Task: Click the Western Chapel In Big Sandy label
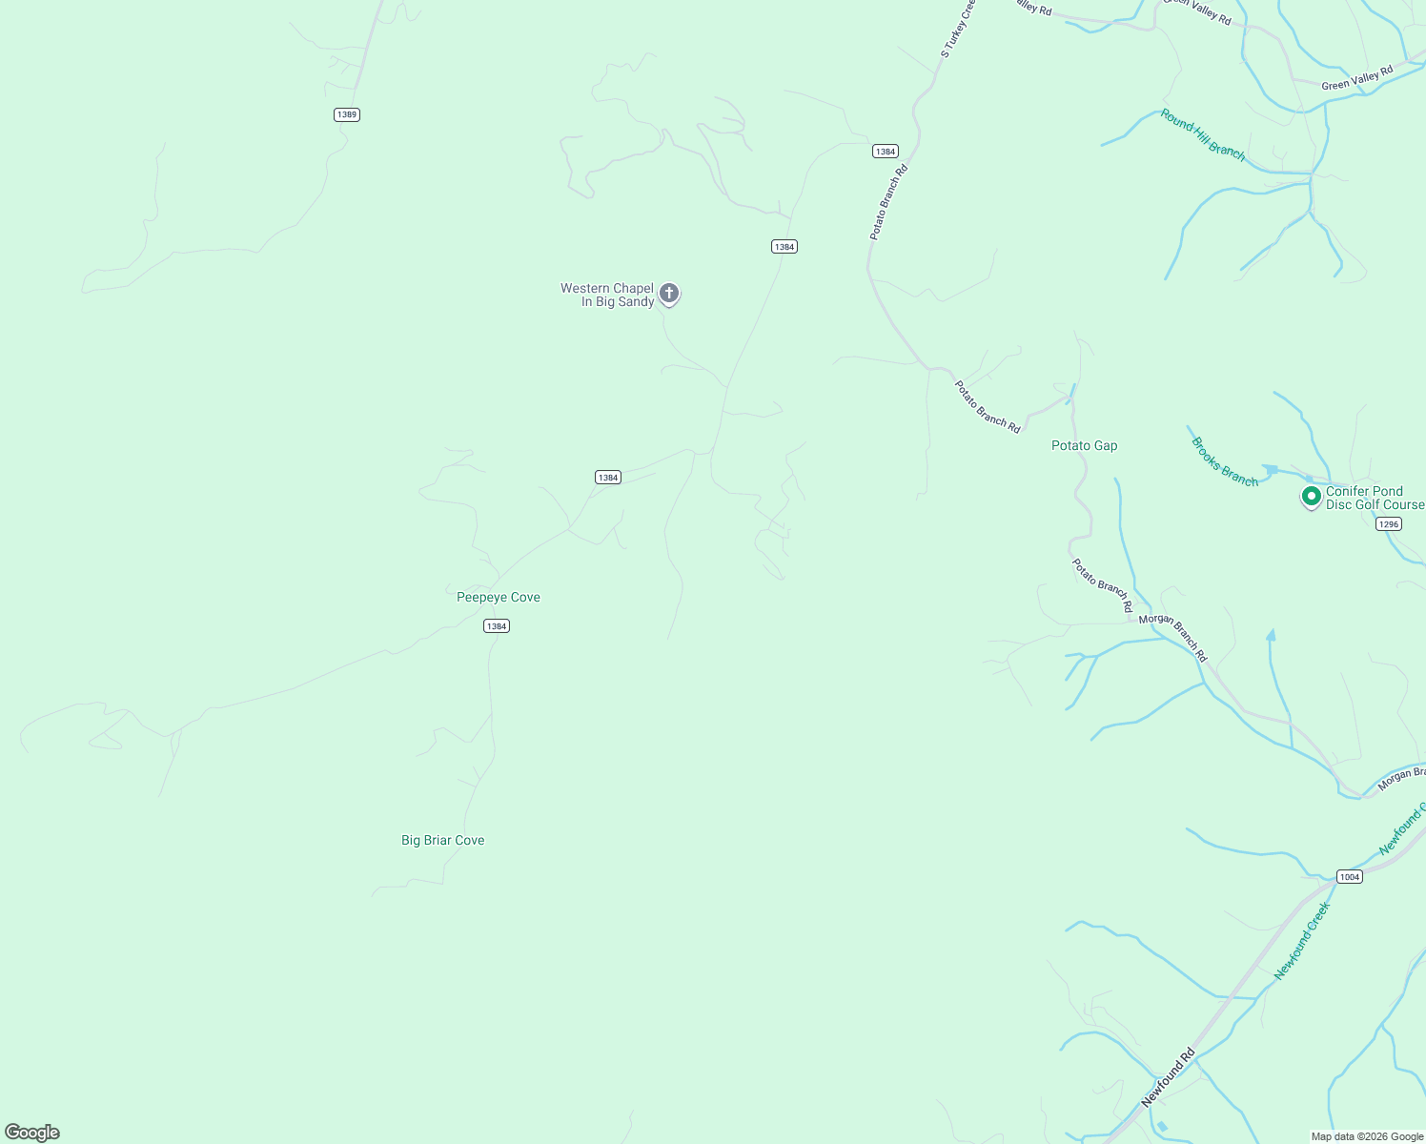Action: (607, 295)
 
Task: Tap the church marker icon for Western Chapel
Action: (669, 294)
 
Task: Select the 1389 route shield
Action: (347, 114)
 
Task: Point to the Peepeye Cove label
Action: (499, 598)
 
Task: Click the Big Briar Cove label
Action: (443, 841)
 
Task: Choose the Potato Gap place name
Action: (1084, 446)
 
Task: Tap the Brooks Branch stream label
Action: (1225, 461)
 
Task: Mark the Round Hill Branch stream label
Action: (1203, 134)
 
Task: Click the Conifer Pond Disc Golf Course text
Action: (1374, 498)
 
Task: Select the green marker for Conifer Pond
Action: (1311, 497)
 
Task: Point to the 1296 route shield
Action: (1389, 524)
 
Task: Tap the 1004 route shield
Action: (1349, 877)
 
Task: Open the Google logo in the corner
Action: (32, 1133)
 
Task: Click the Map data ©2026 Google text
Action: (1367, 1136)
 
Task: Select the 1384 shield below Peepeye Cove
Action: (497, 626)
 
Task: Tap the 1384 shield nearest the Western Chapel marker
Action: (784, 247)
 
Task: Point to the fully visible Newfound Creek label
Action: (1302, 941)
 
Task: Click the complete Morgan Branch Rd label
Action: (1173, 638)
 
